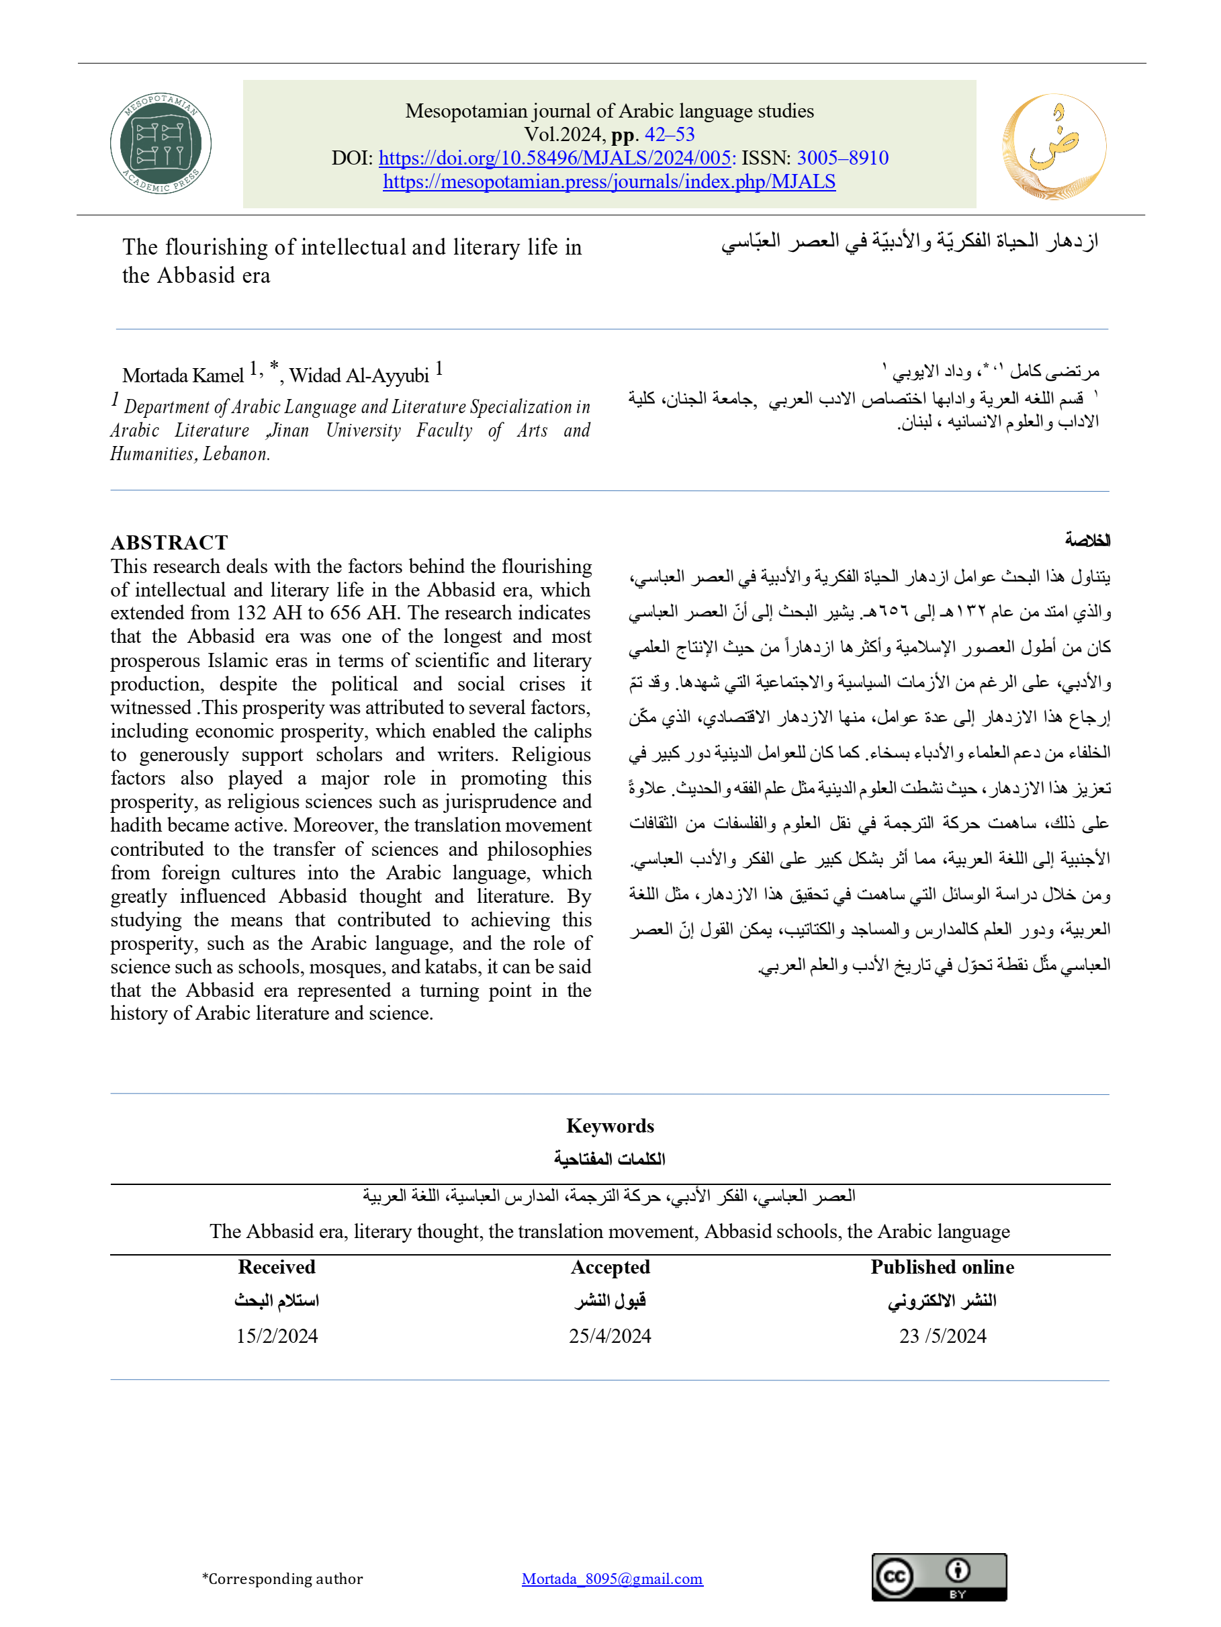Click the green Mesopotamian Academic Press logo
(x=161, y=144)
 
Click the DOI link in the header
(x=555, y=158)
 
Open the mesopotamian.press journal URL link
(x=609, y=181)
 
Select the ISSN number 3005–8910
(x=843, y=158)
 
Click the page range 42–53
(x=670, y=134)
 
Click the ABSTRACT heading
(x=169, y=542)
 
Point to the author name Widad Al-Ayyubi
(x=359, y=376)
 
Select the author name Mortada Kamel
(x=183, y=376)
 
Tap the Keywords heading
(x=610, y=1126)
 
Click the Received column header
(x=277, y=1268)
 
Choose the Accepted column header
(x=610, y=1268)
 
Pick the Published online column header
(x=942, y=1268)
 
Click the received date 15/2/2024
(x=277, y=1337)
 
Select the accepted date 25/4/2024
(x=610, y=1337)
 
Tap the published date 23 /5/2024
(x=942, y=1337)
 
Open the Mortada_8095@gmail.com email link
(x=612, y=1579)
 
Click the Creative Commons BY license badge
(x=938, y=1577)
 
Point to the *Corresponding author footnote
(x=283, y=1579)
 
